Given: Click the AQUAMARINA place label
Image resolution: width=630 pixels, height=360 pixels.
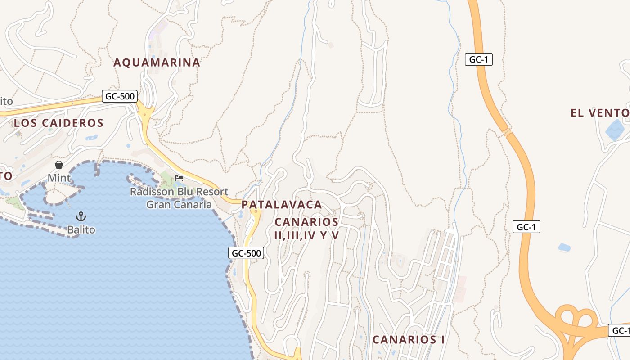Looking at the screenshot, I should pos(157,63).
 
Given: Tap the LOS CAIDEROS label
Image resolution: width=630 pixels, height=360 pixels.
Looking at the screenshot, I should pos(58,123).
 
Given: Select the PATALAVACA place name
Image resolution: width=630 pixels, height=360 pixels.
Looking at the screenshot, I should pos(282,205).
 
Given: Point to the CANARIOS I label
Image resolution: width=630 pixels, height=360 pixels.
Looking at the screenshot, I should pos(409,340).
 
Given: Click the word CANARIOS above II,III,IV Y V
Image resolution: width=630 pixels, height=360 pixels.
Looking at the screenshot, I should pos(306,222).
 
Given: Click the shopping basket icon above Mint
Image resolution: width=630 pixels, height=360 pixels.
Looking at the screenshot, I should pos(59,165).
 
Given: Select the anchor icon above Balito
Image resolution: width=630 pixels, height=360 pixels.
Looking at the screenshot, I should pos(81,216).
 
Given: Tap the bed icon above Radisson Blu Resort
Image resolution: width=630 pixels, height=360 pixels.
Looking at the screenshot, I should pos(179,178).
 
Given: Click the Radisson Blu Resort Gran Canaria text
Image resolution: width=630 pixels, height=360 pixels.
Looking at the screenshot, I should pos(179,198).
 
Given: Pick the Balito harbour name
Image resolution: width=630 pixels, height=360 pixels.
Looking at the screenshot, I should pos(81,230).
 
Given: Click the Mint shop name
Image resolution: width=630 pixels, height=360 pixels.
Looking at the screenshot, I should pos(59,178).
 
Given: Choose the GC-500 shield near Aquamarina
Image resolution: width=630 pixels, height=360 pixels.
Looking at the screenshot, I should pos(119,96).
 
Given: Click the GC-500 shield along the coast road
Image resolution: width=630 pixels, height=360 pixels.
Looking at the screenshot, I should pos(246,253).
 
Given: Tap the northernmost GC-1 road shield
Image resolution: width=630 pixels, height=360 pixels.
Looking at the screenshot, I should pos(478,59).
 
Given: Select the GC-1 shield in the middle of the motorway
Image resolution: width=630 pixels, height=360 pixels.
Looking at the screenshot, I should pos(526,227).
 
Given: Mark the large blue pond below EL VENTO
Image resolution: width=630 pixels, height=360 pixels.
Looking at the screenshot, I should pos(615,130).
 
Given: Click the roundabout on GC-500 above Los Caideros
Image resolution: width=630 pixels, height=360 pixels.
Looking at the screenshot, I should pos(145,114).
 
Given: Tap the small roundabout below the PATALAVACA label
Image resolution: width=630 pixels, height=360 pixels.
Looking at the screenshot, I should pos(256,211).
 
